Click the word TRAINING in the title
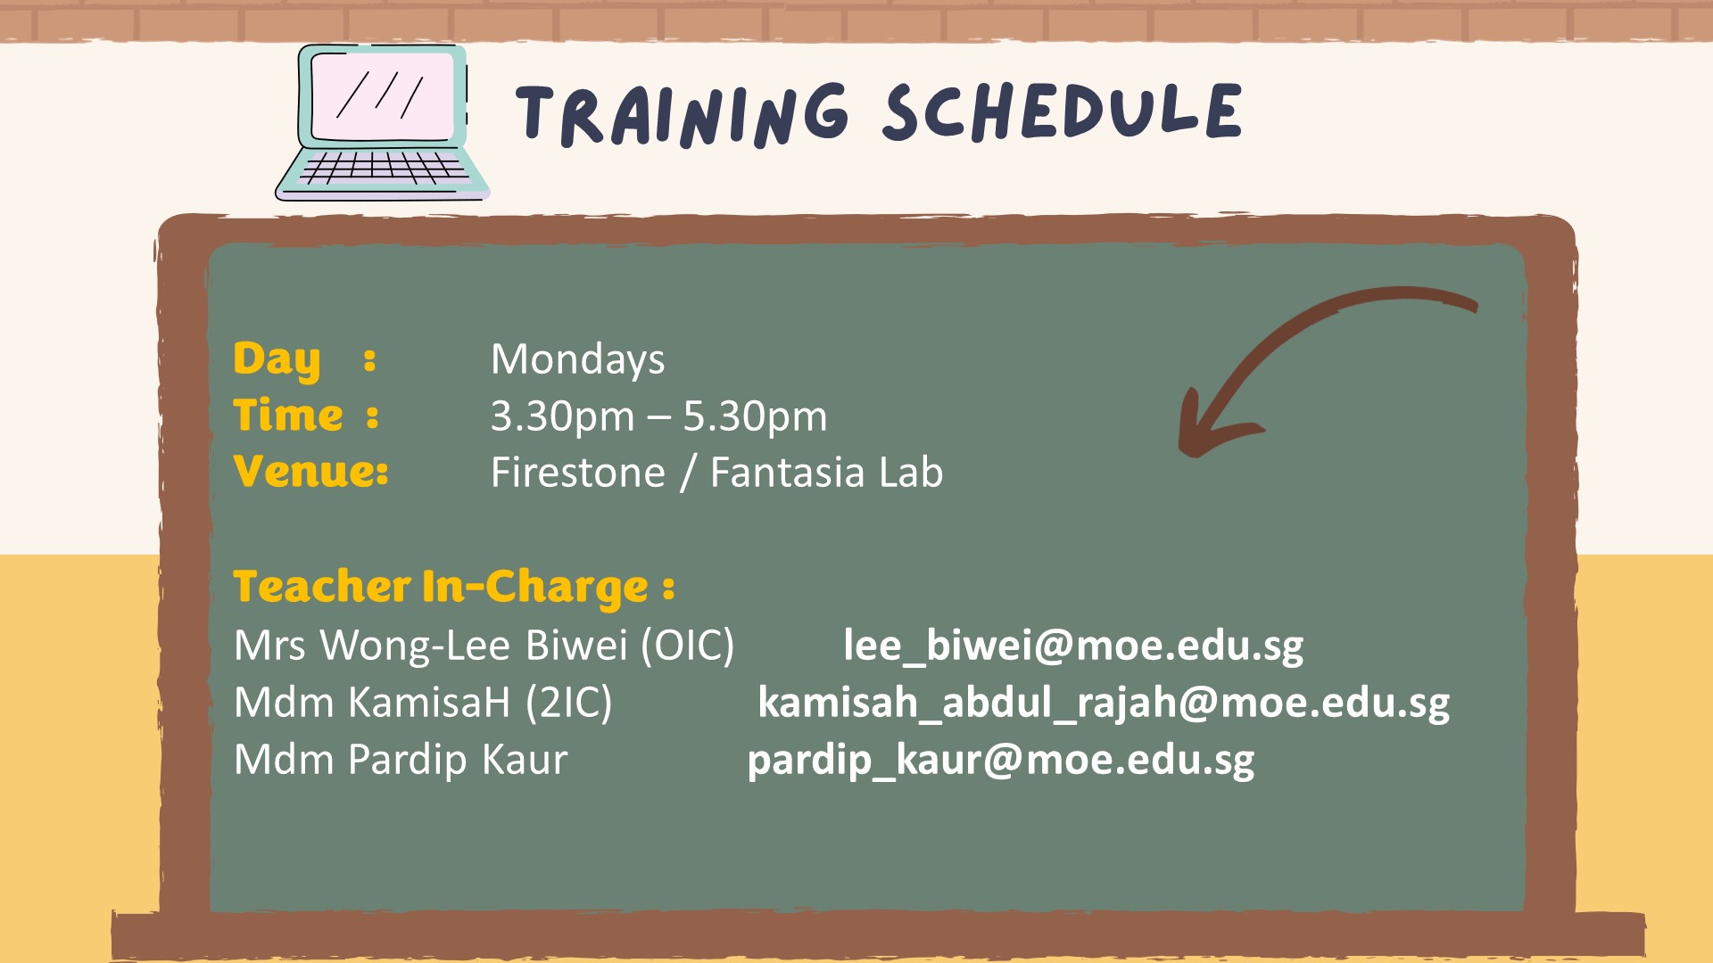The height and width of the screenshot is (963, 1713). [x=683, y=114]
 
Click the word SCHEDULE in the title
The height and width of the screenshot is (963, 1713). [x=1062, y=111]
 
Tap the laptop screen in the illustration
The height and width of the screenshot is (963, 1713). [x=383, y=95]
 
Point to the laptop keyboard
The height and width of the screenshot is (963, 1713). [x=382, y=167]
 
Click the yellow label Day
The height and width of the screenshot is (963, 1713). [x=277, y=360]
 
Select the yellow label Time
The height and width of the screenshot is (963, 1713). [x=287, y=416]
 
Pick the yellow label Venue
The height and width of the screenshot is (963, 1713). [x=310, y=471]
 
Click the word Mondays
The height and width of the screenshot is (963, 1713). [x=578, y=360]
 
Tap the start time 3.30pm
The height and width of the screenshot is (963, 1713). [x=562, y=417]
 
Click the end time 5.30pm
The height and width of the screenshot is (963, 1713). [x=755, y=417]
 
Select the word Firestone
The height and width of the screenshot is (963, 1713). [x=578, y=473]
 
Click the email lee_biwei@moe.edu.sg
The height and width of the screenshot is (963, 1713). [x=1073, y=646]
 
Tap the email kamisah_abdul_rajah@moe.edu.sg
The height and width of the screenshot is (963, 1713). [x=1104, y=704]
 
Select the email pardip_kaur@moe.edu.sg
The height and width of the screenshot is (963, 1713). [x=1001, y=761]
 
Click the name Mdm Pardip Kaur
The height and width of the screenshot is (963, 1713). [x=401, y=760]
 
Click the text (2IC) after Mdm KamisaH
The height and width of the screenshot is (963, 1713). [x=568, y=703]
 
